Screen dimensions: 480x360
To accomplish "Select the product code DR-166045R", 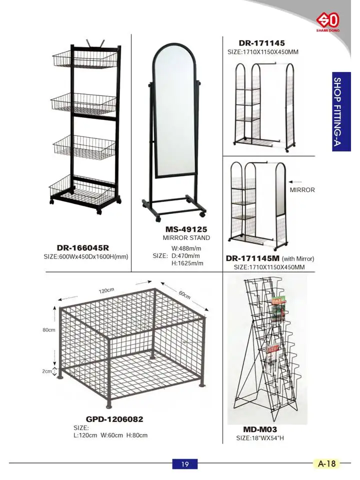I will [83, 247].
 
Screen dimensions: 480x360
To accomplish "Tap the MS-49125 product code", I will [186, 229].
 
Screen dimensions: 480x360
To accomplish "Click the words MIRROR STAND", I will [186, 237].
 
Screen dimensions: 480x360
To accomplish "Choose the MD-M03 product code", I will [260, 429].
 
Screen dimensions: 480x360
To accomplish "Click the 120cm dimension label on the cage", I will [106, 290].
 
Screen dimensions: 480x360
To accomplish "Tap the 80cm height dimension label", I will [48, 330].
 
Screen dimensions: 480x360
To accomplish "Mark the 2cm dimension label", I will [47, 371].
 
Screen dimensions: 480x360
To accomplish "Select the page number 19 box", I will [185, 464].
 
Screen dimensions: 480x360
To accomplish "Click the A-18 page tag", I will [327, 463].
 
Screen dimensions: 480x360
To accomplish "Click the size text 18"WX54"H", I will [260, 438].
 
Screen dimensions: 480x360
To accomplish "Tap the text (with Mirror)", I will [298, 258].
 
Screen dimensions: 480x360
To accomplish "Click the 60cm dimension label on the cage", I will [184, 295].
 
